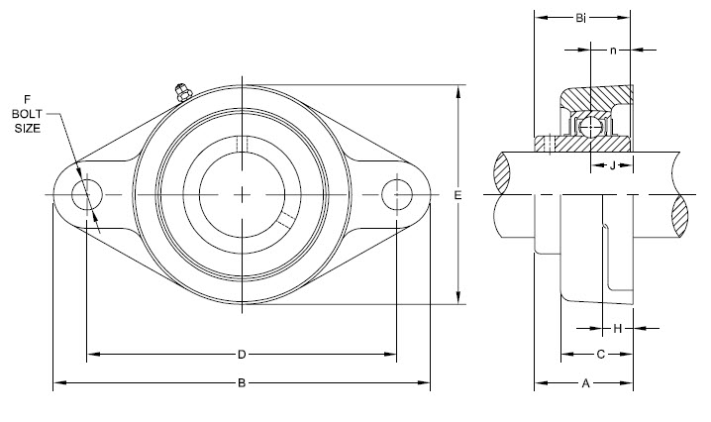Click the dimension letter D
pos(241,354)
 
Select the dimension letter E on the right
pos(457,196)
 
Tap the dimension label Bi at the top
pos(582,17)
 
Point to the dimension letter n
pos(613,49)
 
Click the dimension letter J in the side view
pos(614,164)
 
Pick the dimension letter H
pos(617,327)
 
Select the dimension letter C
pos(600,354)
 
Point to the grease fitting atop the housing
pos(179,92)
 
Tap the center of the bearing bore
pos(242,195)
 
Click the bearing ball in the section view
pos(589,127)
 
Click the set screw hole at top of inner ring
pos(242,144)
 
